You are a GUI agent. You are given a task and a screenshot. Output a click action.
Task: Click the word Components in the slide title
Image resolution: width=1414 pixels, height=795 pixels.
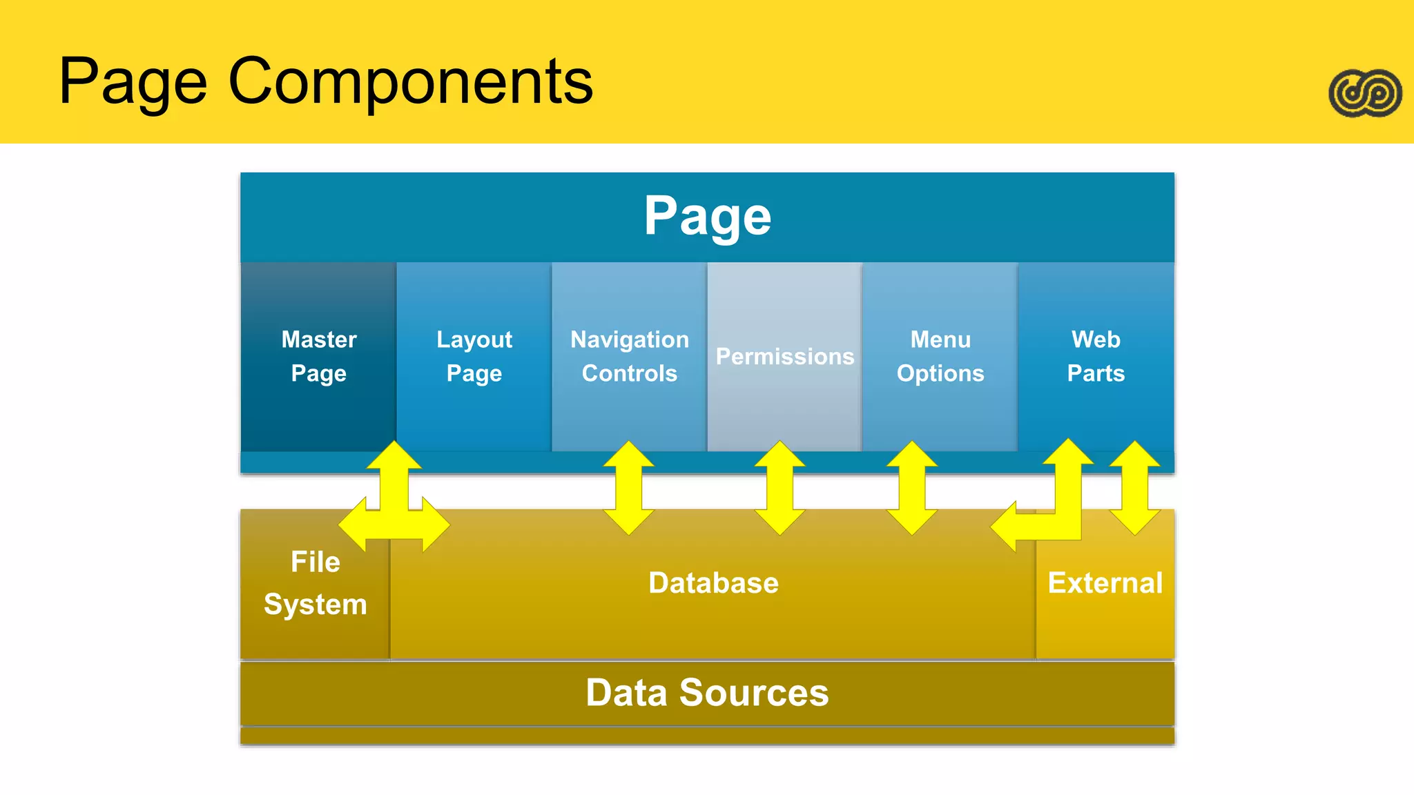410,81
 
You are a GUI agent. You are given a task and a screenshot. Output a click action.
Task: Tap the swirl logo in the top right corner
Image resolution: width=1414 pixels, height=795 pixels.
1365,93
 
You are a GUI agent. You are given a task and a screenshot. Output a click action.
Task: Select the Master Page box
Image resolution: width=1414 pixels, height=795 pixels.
318,356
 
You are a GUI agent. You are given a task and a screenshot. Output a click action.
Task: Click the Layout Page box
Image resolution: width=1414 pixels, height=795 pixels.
474,356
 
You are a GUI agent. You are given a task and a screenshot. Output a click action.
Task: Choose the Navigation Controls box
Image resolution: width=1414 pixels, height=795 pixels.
629,356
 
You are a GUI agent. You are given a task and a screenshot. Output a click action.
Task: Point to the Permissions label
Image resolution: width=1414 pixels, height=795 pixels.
784,356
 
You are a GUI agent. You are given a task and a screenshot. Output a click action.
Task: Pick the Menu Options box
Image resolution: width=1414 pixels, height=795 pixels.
940,356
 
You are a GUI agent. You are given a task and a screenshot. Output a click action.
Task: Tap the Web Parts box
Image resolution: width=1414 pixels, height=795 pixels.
1096,356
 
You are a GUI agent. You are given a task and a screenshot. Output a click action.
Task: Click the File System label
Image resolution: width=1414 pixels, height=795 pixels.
316,583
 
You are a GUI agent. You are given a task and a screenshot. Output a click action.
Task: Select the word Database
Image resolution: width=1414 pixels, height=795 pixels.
713,583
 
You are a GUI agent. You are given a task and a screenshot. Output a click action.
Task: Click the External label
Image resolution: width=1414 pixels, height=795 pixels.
1105,583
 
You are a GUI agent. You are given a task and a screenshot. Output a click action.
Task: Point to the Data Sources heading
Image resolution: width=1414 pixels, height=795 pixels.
707,692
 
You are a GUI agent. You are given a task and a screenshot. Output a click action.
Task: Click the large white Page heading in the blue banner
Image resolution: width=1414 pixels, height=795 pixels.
707,216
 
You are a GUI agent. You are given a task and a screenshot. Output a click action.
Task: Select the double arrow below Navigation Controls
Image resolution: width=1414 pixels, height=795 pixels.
628,488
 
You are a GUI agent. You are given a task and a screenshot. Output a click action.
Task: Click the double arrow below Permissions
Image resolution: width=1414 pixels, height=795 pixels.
779,488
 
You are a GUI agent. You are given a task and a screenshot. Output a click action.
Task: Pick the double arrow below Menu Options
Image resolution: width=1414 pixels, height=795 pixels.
911,488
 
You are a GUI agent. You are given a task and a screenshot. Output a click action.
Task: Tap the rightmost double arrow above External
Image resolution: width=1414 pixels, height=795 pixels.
1134,488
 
